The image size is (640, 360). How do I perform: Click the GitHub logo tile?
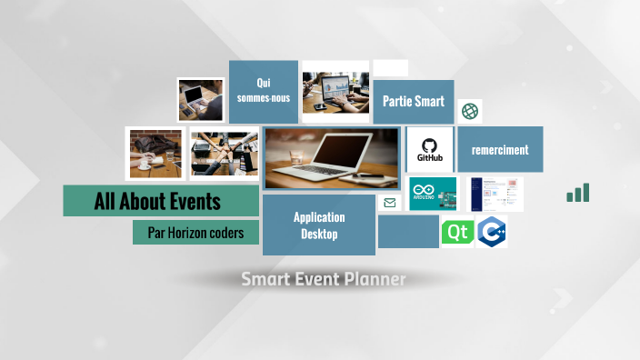[x=430, y=149]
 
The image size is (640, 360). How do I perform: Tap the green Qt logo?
[x=457, y=233]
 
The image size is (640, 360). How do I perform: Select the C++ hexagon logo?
[x=492, y=233]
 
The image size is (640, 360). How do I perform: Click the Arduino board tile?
[x=433, y=194]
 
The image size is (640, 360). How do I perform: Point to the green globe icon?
[x=470, y=111]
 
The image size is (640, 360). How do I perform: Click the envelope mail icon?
[x=390, y=203]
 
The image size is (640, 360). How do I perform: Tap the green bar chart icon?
[x=578, y=193]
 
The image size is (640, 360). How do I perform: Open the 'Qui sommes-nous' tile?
[x=264, y=91]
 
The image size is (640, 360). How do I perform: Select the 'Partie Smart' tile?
[x=414, y=101]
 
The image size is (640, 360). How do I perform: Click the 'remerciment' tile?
[x=500, y=149]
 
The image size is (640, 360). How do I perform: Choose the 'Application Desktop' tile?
[x=319, y=225]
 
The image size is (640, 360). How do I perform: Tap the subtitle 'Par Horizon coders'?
[x=196, y=233]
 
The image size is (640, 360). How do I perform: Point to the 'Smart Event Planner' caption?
[x=324, y=279]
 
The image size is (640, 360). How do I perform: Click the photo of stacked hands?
[x=224, y=153]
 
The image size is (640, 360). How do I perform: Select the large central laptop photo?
[x=331, y=158]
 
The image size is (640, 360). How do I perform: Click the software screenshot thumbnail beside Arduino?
[x=495, y=194]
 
